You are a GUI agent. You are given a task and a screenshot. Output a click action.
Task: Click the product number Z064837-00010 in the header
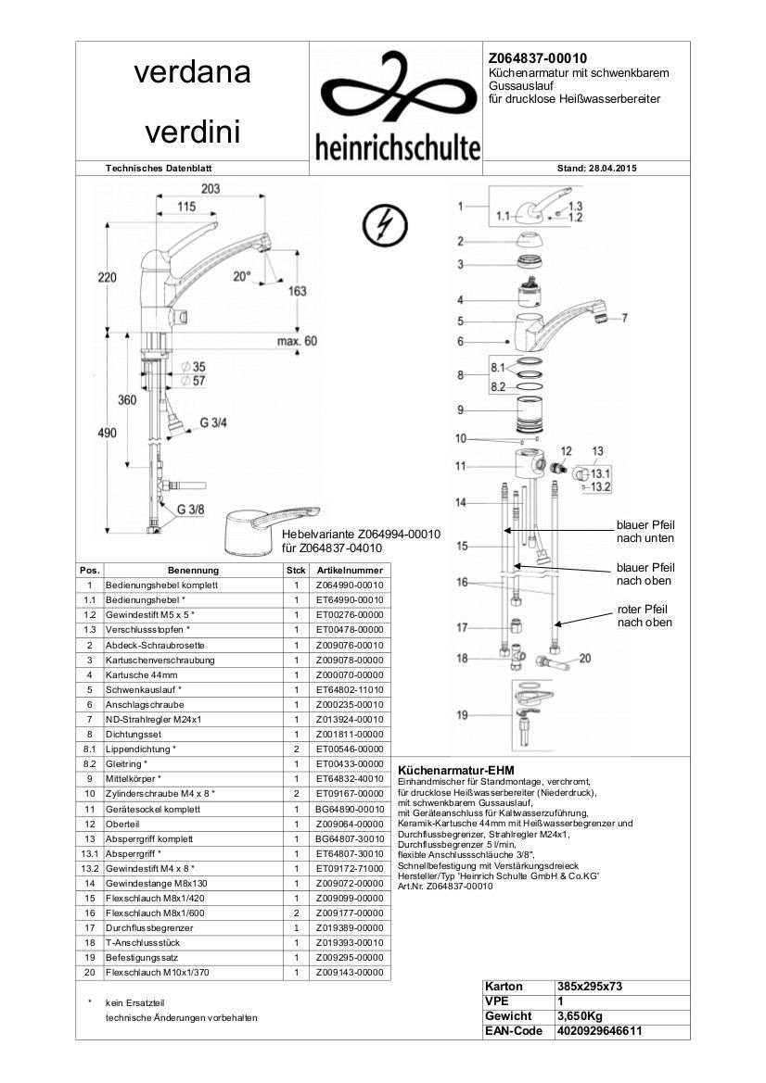[x=537, y=57]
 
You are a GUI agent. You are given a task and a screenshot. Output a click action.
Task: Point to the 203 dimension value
[x=210, y=189]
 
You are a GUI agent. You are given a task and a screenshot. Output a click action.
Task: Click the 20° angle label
[x=242, y=275]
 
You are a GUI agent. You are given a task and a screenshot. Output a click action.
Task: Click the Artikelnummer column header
[x=349, y=571]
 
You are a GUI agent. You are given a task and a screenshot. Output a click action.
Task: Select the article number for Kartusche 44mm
[x=349, y=674]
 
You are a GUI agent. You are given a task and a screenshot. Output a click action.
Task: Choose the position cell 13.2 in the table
[x=89, y=868]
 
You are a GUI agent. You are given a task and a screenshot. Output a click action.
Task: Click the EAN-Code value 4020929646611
[x=599, y=1031]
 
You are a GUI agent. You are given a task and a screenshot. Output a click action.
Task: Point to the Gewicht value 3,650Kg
[x=581, y=1016]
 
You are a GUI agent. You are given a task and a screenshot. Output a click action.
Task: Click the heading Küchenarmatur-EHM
[x=455, y=770]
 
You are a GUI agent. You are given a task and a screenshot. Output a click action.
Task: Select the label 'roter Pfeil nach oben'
[x=645, y=616]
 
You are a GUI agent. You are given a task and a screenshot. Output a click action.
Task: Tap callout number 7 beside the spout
[x=624, y=318]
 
